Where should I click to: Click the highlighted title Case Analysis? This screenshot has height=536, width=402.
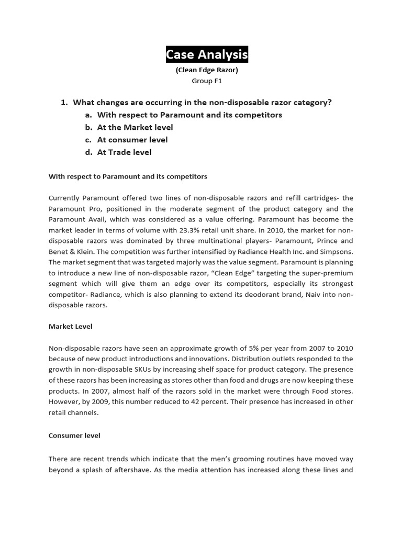[x=207, y=54]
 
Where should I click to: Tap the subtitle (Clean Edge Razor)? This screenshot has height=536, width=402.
[x=207, y=70]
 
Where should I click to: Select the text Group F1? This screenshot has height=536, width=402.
[x=207, y=81]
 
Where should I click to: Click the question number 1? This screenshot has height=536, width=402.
[x=65, y=102]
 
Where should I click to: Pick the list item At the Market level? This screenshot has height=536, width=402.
[x=135, y=127]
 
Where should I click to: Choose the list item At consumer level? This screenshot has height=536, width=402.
[x=132, y=140]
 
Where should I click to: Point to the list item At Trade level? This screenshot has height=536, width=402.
[x=124, y=152]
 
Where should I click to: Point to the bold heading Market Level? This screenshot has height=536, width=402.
[x=70, y=326]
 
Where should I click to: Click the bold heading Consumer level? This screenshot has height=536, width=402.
[x=74, y=435]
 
